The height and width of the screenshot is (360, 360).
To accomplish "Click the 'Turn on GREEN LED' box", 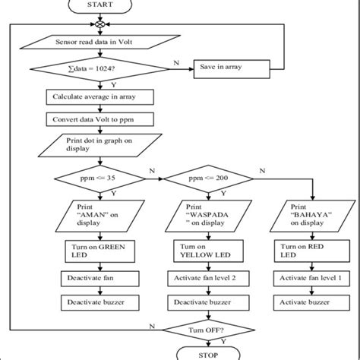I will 96,253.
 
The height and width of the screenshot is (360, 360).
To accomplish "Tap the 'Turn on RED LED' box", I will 307,253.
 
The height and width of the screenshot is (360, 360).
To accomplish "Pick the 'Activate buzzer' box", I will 307,302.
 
